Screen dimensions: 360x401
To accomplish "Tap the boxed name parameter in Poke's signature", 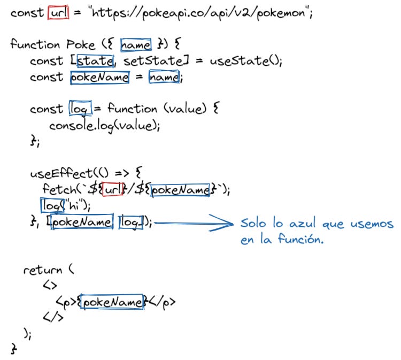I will [x=136, y=44].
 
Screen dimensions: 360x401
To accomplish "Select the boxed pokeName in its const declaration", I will [x=100, y=78].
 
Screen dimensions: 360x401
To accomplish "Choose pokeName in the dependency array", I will [x=82, y=222].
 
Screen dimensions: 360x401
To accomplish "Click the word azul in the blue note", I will [x=299, y=224].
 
